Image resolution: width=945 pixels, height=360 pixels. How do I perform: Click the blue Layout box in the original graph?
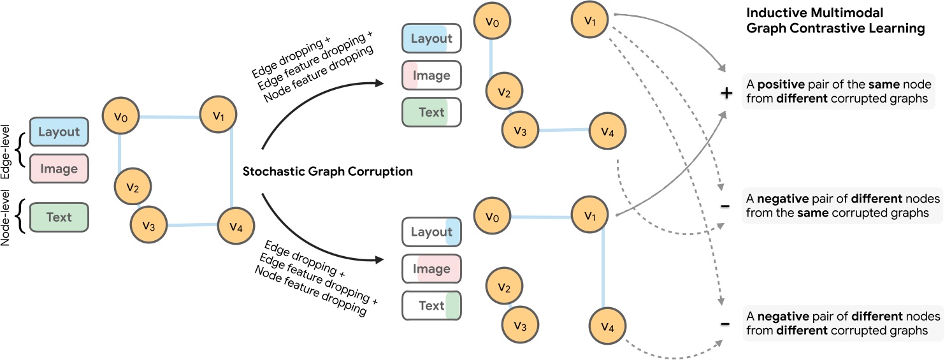(59, 133)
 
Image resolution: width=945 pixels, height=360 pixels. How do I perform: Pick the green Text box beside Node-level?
(59, 217)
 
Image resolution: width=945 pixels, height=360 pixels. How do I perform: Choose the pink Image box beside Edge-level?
(59, 169)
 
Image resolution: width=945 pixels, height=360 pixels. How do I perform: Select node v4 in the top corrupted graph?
(607, 133)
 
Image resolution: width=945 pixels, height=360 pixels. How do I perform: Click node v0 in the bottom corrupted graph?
(490, 217)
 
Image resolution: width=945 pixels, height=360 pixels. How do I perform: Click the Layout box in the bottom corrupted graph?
(431, 233)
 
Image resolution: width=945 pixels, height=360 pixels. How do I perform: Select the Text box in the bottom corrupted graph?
(431, 306)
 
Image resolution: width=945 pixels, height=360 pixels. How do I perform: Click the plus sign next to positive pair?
(725, 93)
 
